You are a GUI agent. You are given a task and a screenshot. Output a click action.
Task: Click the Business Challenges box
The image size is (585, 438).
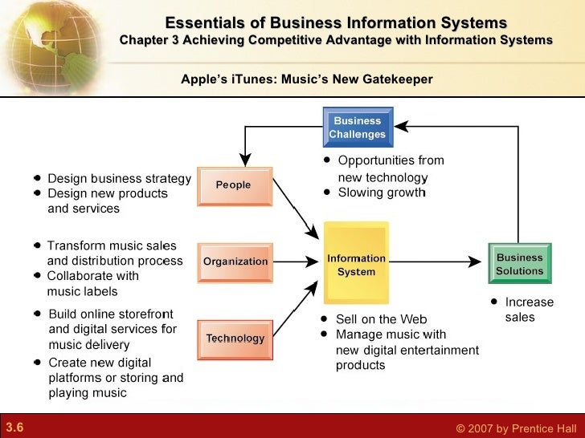tap(358, 128)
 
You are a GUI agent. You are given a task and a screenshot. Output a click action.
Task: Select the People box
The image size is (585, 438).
tap(234, 185)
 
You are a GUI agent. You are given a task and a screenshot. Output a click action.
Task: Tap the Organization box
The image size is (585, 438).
tap(235, 262)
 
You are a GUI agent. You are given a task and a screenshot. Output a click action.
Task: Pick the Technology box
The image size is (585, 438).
tap(235, 339)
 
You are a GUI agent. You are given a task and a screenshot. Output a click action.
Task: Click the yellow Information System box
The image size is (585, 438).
tap(356, 265)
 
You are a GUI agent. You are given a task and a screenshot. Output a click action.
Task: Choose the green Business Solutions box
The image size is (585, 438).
tap(519, 265)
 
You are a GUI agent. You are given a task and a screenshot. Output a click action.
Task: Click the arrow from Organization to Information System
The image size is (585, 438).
tap(297, 262)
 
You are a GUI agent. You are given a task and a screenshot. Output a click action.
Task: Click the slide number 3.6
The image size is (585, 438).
tap(14, 428)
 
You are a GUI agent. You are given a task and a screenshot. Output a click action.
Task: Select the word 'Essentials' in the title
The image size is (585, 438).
tap(200, 22)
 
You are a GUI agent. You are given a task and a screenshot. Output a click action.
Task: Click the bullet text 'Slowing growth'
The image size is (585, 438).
tap(382, 193)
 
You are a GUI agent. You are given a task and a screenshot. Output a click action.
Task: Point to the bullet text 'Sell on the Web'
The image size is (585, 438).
tap(381, 319)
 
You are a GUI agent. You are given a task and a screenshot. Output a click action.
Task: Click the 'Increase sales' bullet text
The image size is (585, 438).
tap(528, 310)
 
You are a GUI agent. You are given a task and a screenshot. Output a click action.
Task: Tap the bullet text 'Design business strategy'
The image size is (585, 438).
tap(119, 178)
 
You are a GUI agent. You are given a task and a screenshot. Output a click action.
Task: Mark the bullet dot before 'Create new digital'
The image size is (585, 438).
tap(38, 363)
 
